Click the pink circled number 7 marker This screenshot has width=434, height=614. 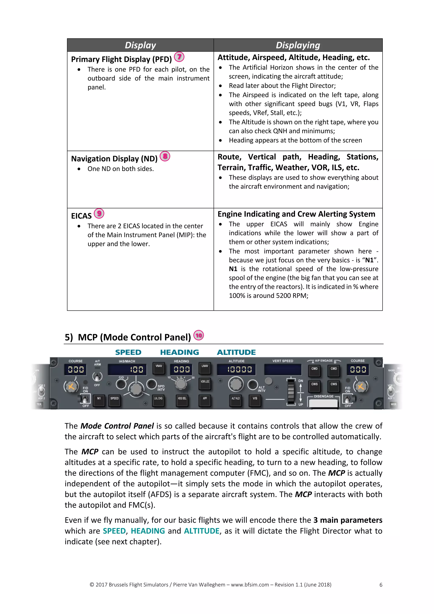179,57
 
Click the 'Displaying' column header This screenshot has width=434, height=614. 298,45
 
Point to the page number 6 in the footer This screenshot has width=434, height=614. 381,585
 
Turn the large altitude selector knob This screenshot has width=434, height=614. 236,384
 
